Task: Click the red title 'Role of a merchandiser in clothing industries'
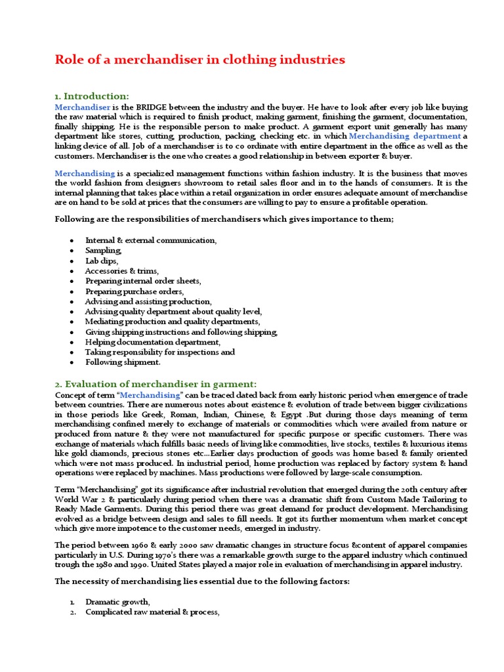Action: coord(199,60)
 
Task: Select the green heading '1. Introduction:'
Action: coord(92,96)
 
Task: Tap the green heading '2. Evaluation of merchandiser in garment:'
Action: coord(156,383)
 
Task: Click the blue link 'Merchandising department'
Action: coord(405,136)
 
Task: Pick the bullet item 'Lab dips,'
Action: coord(102,261)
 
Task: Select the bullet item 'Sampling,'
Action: coord(104,251)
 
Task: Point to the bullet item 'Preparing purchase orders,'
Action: coord(135,291)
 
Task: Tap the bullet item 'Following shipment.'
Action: coord(123,362)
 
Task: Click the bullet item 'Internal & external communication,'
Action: coord(151,240)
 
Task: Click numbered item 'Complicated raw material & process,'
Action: coord(152,612)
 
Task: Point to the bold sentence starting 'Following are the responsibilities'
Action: coord(224,219)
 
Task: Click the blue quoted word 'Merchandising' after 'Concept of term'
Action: coord(151,394)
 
